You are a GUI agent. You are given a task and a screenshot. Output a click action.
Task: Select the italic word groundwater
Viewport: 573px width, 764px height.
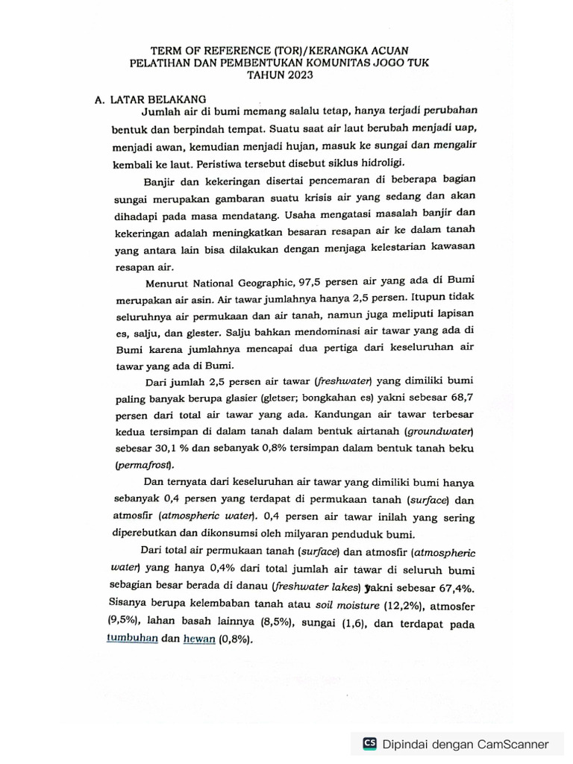pos(439,430)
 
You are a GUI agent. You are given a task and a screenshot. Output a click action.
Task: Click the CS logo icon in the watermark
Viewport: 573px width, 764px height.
pos(369,743)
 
